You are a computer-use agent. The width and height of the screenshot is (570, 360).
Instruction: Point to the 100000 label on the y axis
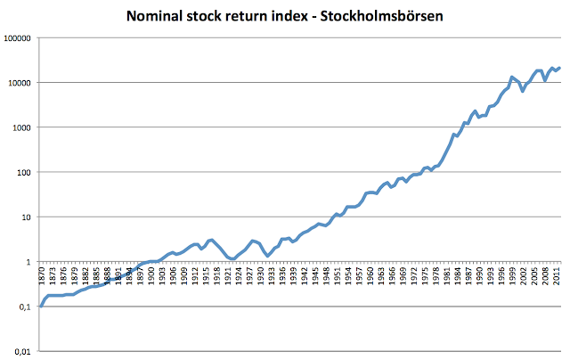[x=19, y=38]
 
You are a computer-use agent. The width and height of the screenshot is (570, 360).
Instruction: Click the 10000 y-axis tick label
[x=20, y=83]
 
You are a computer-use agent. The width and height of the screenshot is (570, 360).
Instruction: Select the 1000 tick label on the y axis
[x=22, y=127]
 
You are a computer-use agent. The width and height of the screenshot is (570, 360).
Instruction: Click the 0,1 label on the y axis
[x=26, y=307]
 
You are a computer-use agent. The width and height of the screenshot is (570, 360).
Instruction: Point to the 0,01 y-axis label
[x=23, y=351]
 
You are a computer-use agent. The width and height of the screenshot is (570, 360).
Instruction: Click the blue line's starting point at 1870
[x=41, y=306]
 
